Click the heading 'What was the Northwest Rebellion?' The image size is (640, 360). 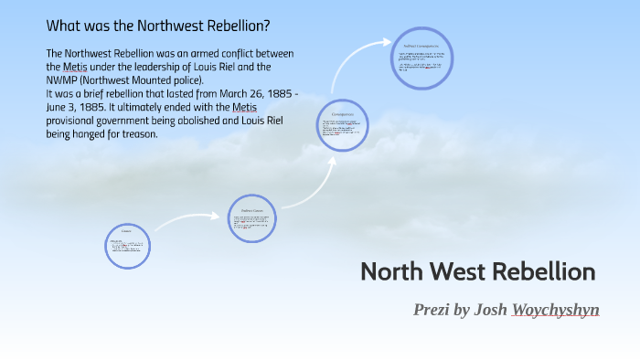coord(157,25)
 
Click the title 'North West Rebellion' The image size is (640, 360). coord(477,271)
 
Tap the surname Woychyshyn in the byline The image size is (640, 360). coord(556,310)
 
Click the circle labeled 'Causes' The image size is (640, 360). coord(127,246)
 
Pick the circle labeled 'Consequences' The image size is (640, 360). coord(343,125)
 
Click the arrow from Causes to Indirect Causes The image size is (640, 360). coord(187,219)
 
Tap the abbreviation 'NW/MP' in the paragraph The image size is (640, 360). coord(63,79)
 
